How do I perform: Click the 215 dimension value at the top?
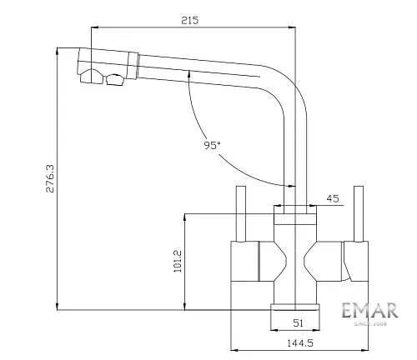[x=190, y=20]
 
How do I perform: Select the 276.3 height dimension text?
[x=50, y=178]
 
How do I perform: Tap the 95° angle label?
[x=212, y=145]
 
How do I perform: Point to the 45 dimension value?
[x=333, y=198]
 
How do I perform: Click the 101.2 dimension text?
[x=178, y=261]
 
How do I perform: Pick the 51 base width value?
[x=298, y=323]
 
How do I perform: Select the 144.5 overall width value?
[x=300, y=343]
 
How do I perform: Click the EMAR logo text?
[x=369, y=310]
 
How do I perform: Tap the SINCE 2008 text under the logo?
[x=370, y=323]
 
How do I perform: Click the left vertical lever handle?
[x=241, y=214]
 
